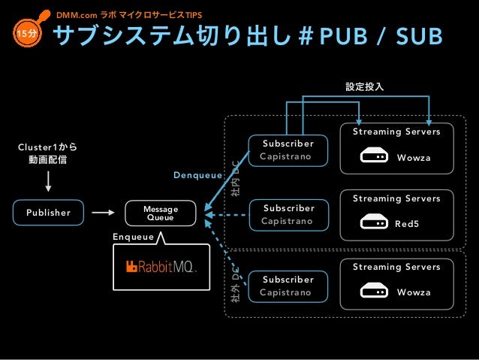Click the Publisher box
pyautogui.click(x=48, y=213)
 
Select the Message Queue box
pyautogui.click(x=161, y=213)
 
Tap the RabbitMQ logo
pyautogui.click(x=161, y=267)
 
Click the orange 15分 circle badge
pyautogui.click(x=26, y=33)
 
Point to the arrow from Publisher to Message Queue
pyautogui.click(x=103, y=212)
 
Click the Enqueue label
pyautogui.click(x=133, y=237)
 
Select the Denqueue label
pyautogui.click(x=197, y=175)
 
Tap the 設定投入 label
pyautogui.click(x=364, y=86)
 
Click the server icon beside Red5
pyautogui.click(x=374, y=222)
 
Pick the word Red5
pyautogui.click(x=407, y=224)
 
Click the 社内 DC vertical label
pyautogui.click(x=235, y=179)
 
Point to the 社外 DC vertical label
pyautogui.click(x=235, y=285)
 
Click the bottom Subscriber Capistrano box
pyautogui.click(x=288, y=286)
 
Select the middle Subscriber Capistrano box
pyautogui.click(x=289, y=215)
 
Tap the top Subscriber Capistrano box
pyautogui.click(x=288, y=150)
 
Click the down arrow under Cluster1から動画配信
pyautogui.click(x=48, y=181)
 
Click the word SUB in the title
pyautogui.click(x=419, y=36)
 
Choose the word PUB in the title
pyautogui.click(x=343, y=36)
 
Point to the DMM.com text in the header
pyautogui.click(x=77, y=15)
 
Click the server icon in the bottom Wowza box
pyautogui.click(x=374, y=290)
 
